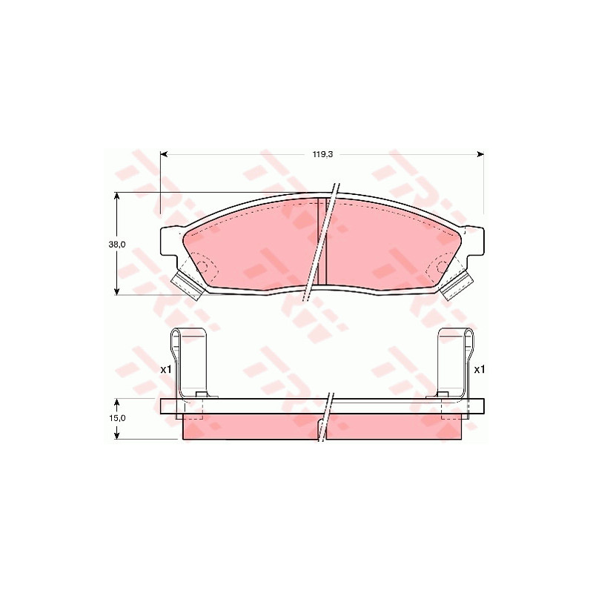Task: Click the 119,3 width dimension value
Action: [322, 154]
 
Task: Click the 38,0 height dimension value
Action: [117, 245]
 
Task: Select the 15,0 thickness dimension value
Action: [117, 418]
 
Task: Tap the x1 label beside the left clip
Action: [166, 369]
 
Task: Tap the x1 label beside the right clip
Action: [479, 369]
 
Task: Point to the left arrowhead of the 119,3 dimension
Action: [164, 154]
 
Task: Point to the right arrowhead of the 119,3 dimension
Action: [480, 154]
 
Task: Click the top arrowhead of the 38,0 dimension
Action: [117, 196]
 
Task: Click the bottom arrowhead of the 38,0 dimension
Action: [117, 291]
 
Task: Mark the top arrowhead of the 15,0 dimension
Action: [117, 402]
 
